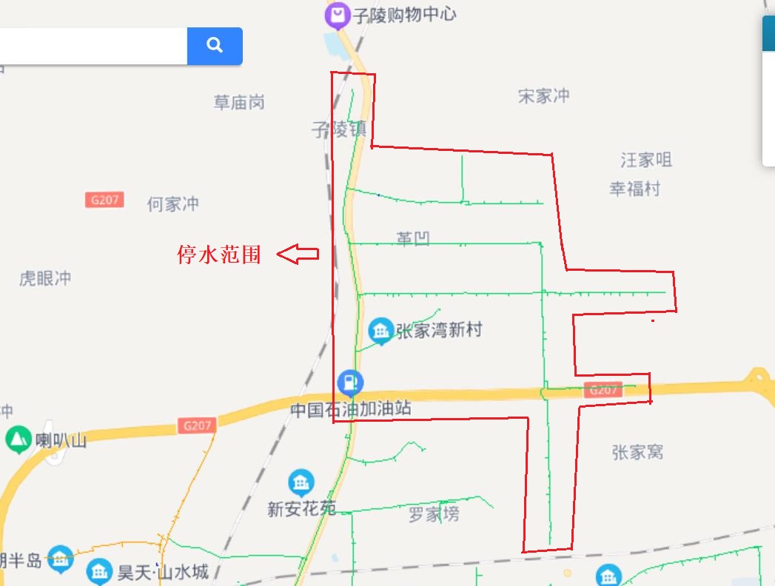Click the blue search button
pos(215,46)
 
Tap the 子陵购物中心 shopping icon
pos(338,15)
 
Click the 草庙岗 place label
pos(239,102)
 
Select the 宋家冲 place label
pos(544,95)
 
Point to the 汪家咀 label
pos(646,160)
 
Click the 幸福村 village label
pos(634,189)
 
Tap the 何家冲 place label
pos(173,203)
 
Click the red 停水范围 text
pos(219,255)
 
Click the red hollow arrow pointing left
pos(298,255)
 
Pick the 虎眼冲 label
pos(45,278)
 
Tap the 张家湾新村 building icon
pos(381,331)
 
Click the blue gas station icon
pos(350,383)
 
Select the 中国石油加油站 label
pos(351,409)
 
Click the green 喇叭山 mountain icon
pos(17,439)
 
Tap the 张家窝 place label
pos(637,451)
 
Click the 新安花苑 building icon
pos(301,484)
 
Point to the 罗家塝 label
pos(434,514)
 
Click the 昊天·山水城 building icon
pos(99,571)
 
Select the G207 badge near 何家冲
pos(104,200)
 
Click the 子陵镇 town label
pos(338,129)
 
